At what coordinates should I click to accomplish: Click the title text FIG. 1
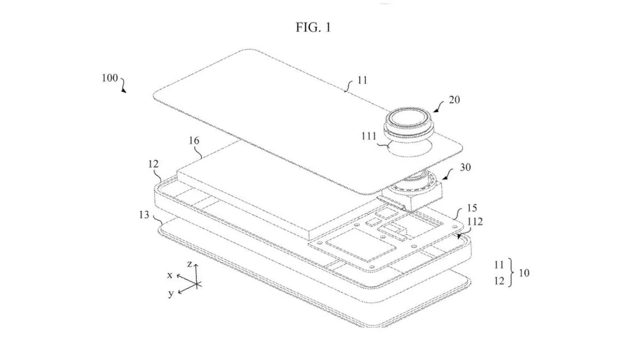tap(313, 27)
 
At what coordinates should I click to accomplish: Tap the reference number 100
tap(110, 77)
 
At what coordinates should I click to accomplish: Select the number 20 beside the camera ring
tap(454, 100)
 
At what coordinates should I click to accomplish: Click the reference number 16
tap(194, 141)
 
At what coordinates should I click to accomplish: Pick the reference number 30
tap(465, 167)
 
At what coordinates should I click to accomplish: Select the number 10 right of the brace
tap(524, 273)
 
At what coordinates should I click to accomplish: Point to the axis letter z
tap(189, 263)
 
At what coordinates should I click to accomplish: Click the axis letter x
tap(170, 275)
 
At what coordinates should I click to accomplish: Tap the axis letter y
tap(171, 293)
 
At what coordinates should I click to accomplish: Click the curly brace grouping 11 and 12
tap(513, 273)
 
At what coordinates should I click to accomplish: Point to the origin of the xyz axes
tap(196, 283)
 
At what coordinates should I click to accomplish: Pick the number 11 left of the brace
tap(499, 264)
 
